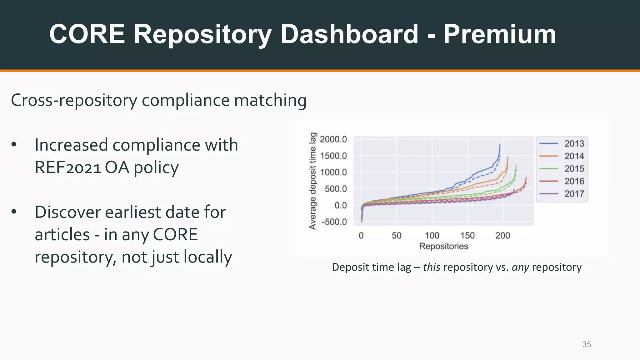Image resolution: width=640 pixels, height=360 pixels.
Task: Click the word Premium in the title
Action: (x=500, y=34)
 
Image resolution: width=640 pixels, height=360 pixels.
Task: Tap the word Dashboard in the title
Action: (x=349, y=34)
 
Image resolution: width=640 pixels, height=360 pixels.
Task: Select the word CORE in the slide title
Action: (x=87, y=34)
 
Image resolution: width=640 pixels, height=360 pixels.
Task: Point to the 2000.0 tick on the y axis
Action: (x=333, y=139)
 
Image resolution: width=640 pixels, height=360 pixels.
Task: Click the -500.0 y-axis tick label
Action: (x=334, y=222)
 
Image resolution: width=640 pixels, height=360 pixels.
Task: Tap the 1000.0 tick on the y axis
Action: (x=333, y=172)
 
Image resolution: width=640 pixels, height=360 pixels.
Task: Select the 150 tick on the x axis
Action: (x=467, y=235)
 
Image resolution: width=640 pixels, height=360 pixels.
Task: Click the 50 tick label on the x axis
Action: (x=396, y=235)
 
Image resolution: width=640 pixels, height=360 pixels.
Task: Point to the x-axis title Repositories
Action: (x=443, y=246)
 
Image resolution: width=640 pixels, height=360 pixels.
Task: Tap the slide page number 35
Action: (x=586, y=344)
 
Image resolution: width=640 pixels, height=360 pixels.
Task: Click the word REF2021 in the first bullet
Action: (x=67, y=167)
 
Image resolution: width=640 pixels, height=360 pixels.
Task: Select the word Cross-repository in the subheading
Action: (x=74, y=101)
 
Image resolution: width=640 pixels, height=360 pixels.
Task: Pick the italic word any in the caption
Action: (x=520, y=267)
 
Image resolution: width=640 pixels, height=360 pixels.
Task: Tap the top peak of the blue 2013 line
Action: (x=500, y=145)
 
